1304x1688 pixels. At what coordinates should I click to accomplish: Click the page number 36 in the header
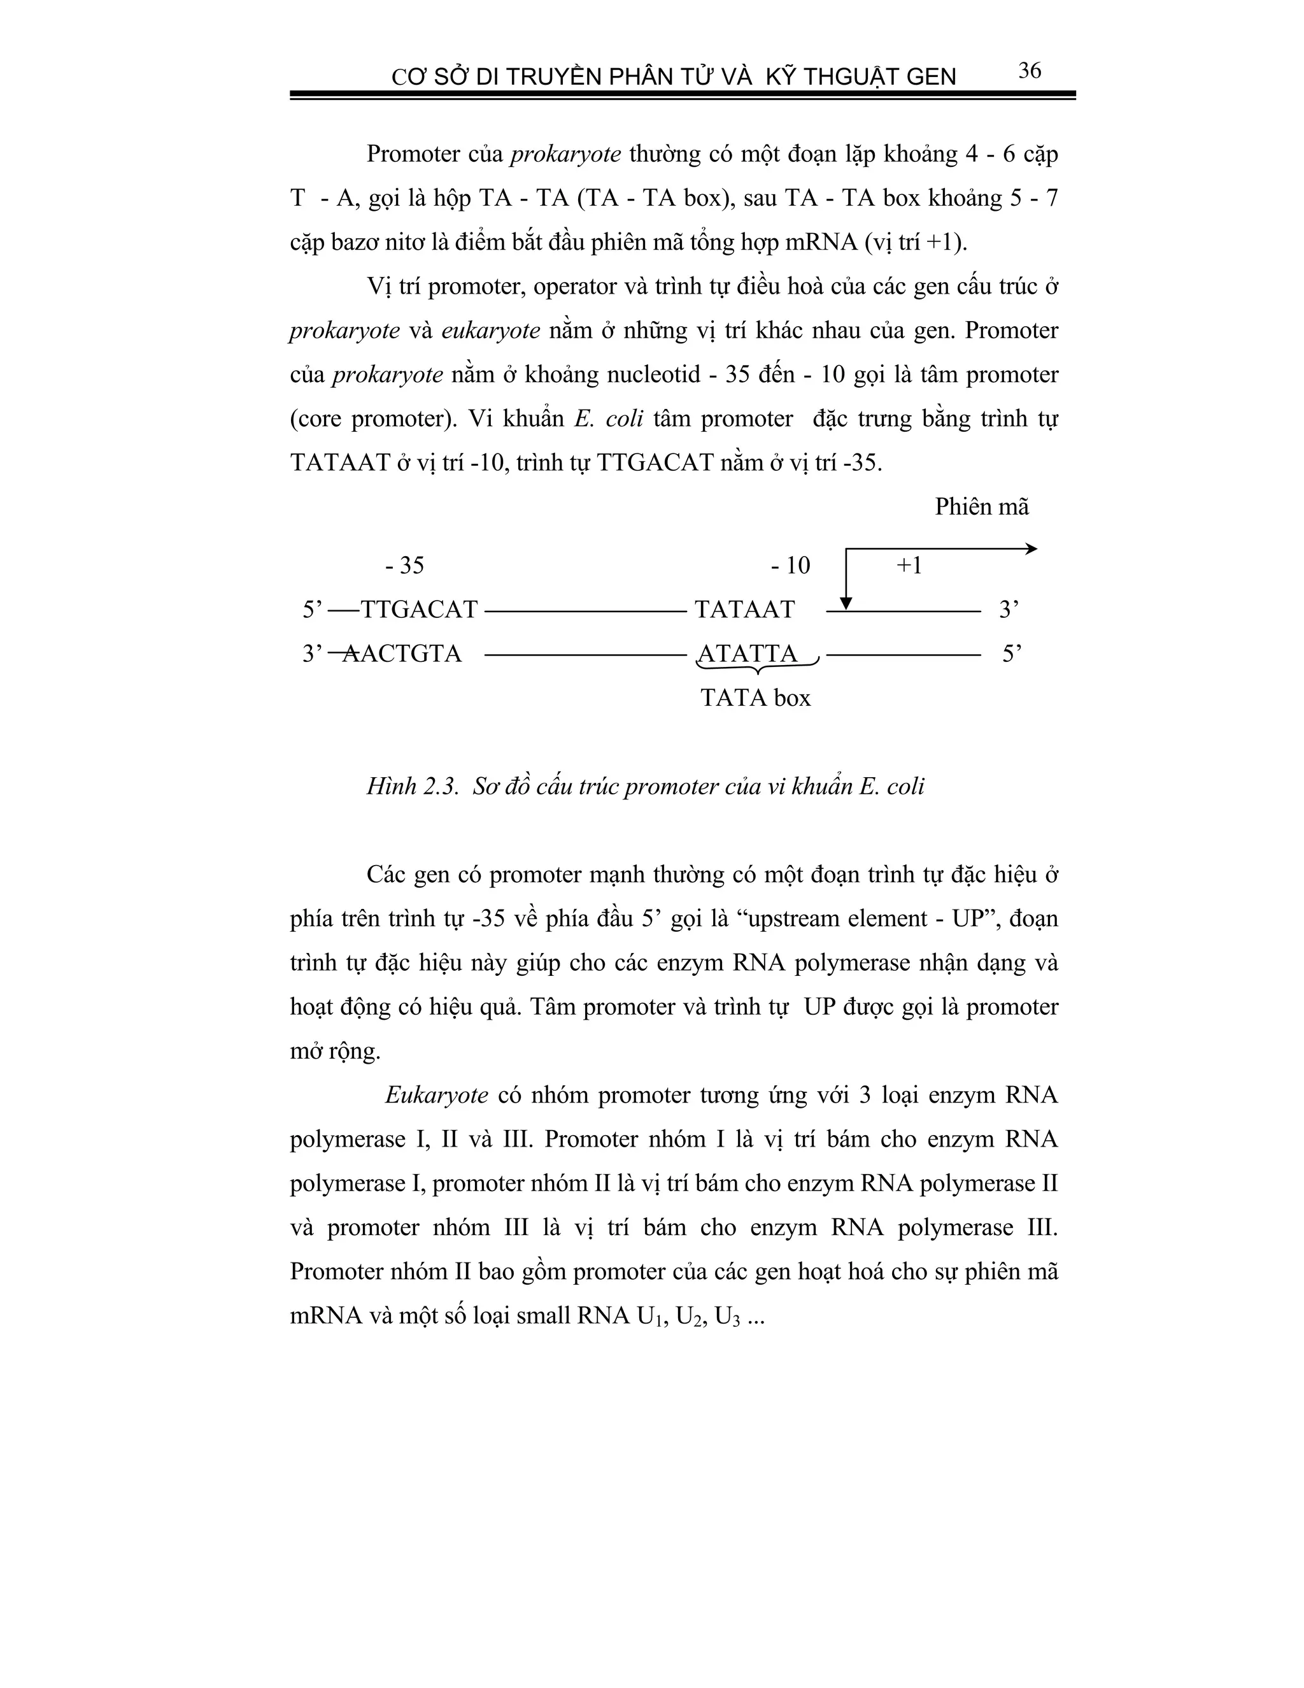[x=1029, y=71]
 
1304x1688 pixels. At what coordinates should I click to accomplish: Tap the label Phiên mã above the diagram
[x=981, y=507]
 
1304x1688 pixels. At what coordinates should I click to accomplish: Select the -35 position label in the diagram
[x=404, y=566]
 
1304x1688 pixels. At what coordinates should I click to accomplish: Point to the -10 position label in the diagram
[x=790, y=566]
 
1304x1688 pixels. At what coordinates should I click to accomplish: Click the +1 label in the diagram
[x=909, y=566]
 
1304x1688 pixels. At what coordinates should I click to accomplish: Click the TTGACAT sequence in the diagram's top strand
[x=420, y=610]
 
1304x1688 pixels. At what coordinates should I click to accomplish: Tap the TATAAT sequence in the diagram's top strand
[x=744, y=610]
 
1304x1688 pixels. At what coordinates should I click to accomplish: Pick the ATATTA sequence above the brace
[x=747, y=654]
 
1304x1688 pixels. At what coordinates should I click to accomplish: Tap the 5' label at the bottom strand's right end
[x=1011, y=654]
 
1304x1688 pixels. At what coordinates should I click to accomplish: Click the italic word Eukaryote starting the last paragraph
[x=436, y=1095]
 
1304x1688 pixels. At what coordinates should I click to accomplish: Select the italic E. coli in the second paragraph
[x=609, y=419]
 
